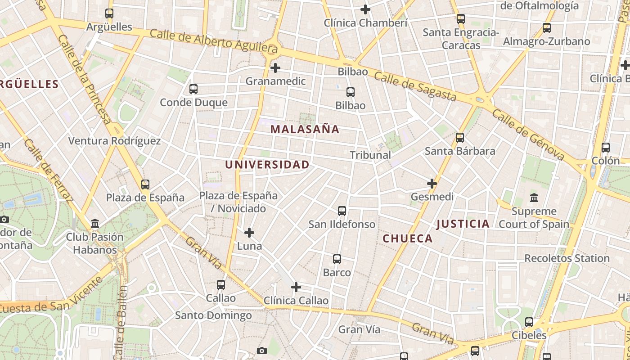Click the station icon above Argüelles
click(x=109, y=13)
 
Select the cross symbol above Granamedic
click(x=275, y=68)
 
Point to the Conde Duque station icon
click(x=193, y=89)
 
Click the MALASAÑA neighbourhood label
click(x=305, y=130)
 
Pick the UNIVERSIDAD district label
click(x=267, y=165)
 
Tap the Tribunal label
click(x=370, y=155)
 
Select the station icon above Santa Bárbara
click(x=460, y=138)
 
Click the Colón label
click(x=606, y=161)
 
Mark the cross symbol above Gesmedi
click(x=432, y=184)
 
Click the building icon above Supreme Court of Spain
click(x=534, y=198)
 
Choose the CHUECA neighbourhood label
click(x=408, y=238)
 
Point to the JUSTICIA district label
click(x=463, y=224)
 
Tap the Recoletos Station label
click(x=567, y=258)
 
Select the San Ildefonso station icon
click(x=342, y=211)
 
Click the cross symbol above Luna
click(x=249, y=233)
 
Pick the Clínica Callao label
click(x=296, y=301)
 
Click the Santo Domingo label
click(x=213, y=315)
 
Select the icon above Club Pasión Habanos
click(x=95, y=223)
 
